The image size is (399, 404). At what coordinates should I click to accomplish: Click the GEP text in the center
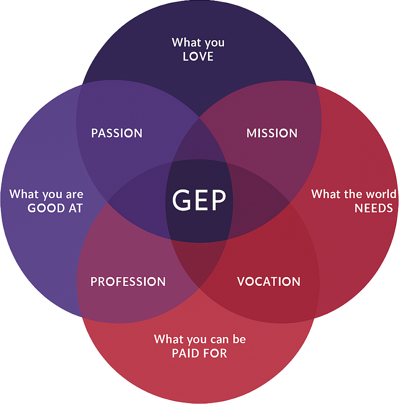199,200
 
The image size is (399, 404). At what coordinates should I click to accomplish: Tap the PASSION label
117,133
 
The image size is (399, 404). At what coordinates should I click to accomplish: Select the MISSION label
272,133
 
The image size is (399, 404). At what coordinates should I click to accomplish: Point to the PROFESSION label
128,282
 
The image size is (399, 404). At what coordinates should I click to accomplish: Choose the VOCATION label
269,282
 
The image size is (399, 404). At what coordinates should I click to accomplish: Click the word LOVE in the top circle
198,57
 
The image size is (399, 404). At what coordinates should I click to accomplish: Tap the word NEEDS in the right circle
374,208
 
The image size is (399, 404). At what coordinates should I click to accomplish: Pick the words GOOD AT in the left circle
55,209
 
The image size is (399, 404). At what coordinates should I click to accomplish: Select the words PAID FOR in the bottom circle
199,353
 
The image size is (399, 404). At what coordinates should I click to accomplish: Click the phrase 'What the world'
354,194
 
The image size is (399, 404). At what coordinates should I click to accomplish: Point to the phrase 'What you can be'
200,340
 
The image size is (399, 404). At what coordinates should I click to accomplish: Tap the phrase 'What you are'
46,194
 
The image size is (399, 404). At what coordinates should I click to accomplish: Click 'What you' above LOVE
198,43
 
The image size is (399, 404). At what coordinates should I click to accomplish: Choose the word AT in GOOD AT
76,209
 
